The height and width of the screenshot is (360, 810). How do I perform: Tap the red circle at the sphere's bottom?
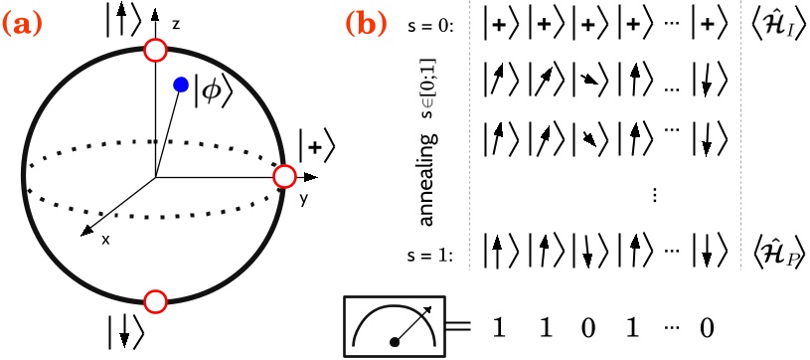coord(155,300)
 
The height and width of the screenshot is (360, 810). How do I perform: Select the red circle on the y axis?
coord(285,177)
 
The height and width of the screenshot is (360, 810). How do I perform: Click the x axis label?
coord(104,240)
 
